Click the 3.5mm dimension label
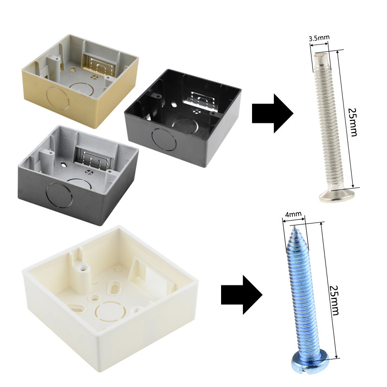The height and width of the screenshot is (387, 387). click(x=319, y=38)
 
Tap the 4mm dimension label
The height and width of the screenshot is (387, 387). click(x=294, y=214)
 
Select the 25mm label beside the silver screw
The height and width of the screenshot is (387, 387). click(x=353, y=122)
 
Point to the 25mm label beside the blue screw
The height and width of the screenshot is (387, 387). click(x=334, y=300)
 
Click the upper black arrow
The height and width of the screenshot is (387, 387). click(x=272, y=114)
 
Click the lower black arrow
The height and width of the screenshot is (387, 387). click(x=241, y=295)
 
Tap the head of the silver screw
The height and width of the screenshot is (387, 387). click(x=337, y=195)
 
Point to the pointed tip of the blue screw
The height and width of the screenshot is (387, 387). click(x=294, y=227)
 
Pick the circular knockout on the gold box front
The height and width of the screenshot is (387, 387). click(x=58, y=98)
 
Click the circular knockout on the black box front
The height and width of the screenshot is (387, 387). click(x=164, y=139)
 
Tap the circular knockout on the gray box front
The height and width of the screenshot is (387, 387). click(x=59, y=195)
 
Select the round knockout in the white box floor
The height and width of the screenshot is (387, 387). click(x=108, y=311)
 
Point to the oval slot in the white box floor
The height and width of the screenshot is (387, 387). click(x=115, y=288)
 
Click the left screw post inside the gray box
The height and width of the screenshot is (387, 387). click(x=46, y=159)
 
